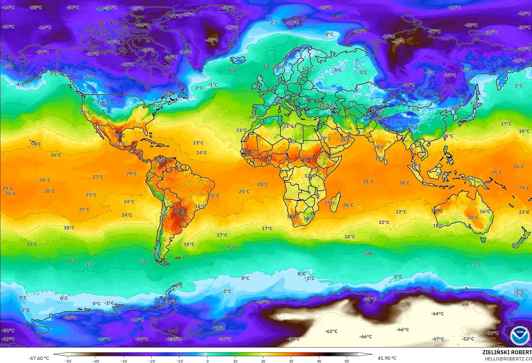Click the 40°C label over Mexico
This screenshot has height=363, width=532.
[119, 135]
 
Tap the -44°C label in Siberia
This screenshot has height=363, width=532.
[399, 41]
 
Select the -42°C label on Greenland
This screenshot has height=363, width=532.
[212, 40]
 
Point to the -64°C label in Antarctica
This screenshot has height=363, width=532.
[437, 314]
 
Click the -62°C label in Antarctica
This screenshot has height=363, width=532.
[331, 331]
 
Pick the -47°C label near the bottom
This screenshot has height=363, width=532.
[438, 339]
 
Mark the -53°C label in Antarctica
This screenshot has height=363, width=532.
[467, 339]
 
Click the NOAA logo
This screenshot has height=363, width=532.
[520, 335]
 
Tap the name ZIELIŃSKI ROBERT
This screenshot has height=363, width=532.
[507, 352]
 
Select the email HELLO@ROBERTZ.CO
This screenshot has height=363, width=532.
[508, 359]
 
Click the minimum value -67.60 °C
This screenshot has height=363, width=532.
[39, 358]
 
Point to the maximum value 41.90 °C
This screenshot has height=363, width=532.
[387, 358]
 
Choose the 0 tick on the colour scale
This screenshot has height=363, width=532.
[207, 361]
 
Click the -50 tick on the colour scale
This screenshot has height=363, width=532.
[68, 361]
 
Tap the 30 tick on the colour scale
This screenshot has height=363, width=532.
[291, 361]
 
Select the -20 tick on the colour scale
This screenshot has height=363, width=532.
[152, 361]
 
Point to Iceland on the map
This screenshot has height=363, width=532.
[238, 60]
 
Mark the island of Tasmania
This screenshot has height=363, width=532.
[483, 240]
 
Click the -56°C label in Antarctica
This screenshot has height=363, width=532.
[293, 339]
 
